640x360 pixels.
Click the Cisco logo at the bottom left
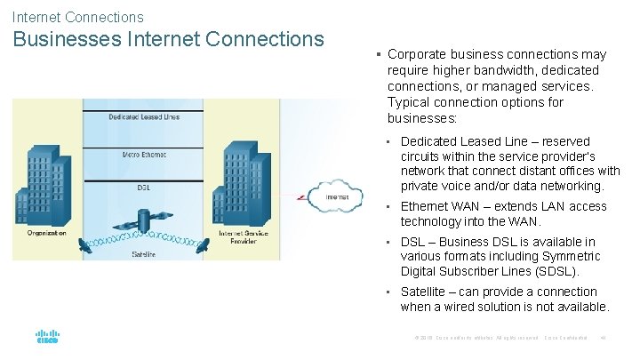47,337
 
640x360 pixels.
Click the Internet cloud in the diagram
336,196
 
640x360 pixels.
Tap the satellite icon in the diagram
144,217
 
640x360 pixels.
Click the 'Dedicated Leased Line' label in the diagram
144,116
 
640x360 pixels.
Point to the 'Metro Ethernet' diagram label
144,155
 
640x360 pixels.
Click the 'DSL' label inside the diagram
144,188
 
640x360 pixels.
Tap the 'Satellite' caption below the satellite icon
144,254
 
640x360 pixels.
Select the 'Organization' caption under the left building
46,234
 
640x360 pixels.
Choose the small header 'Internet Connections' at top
77,17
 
